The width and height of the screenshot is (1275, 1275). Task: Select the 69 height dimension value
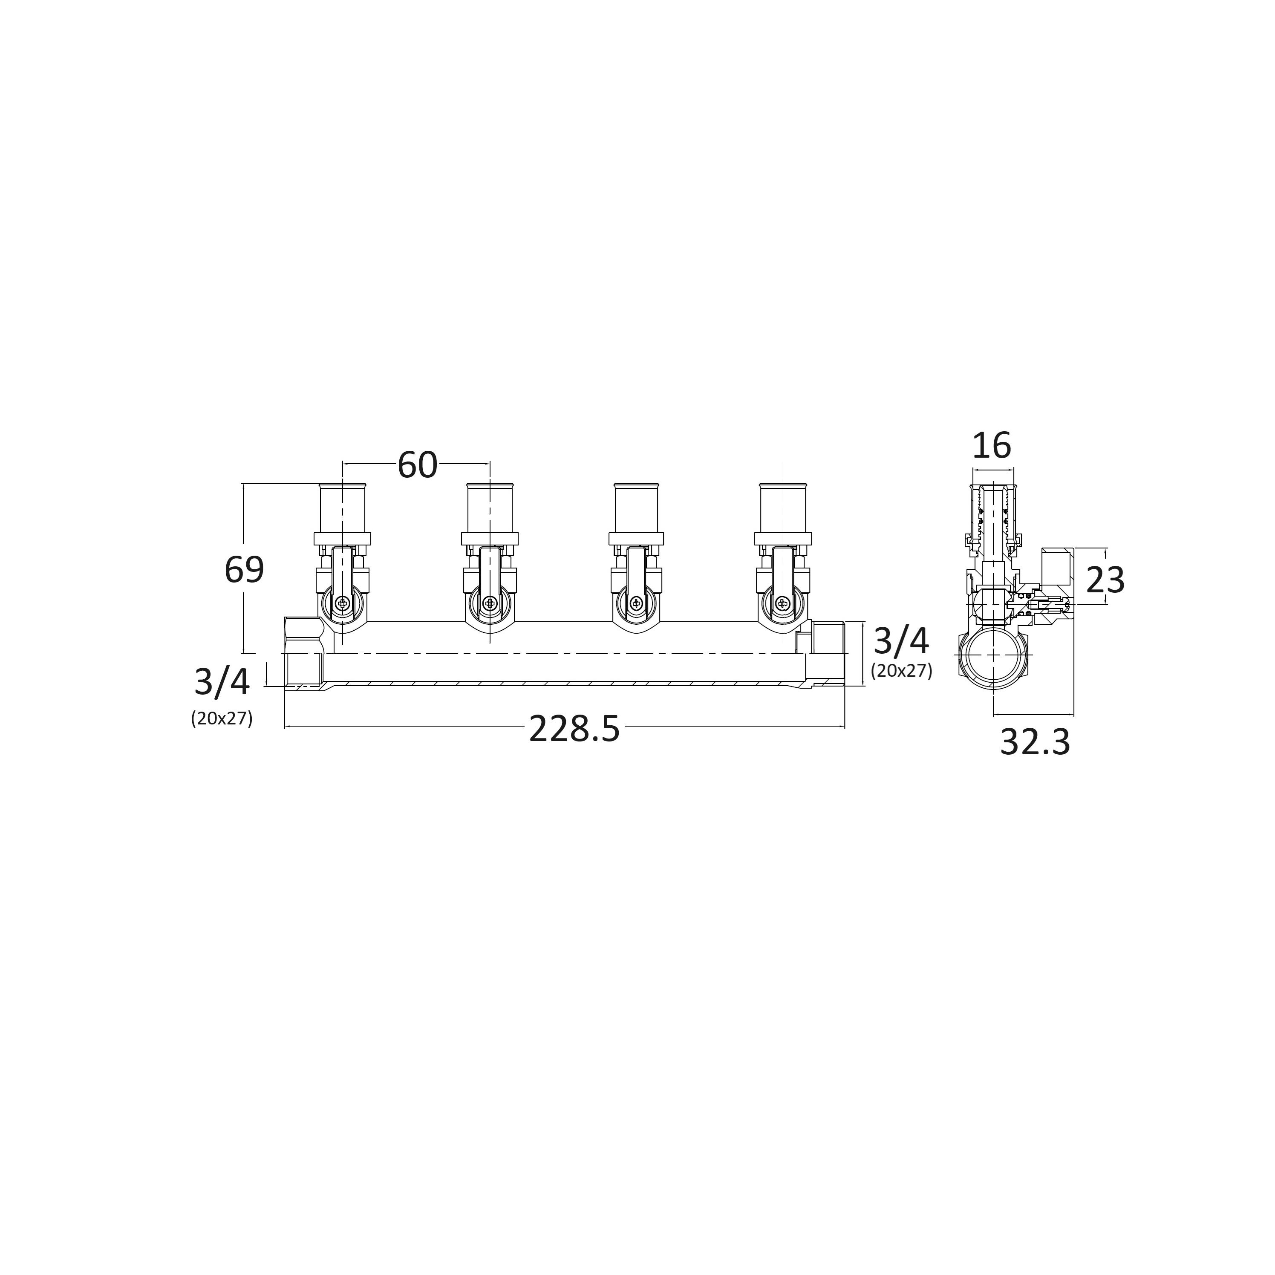[x=244, y=569]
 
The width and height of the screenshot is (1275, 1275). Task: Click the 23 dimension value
[x=1105, y=580]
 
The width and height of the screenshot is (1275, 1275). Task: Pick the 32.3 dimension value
[x=1035, y=742]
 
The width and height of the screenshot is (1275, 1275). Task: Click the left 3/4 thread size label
[x=222, y=682]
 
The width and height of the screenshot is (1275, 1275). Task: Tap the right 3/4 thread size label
[x=901, y=641]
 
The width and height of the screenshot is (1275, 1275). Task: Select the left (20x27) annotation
[x=222, y=718]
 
